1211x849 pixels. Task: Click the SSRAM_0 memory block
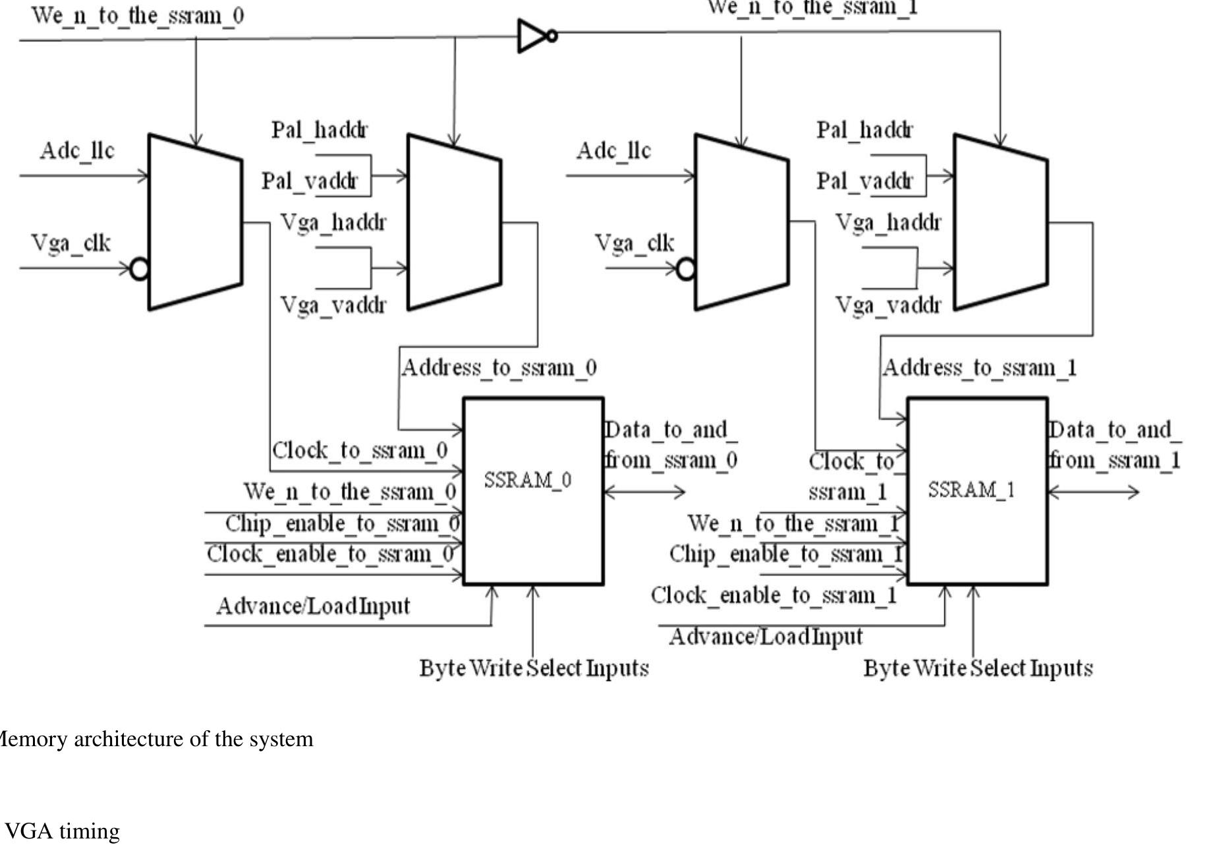coord(534,491)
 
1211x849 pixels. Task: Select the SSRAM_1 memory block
coord(978,491)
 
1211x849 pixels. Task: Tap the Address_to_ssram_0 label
coord(499,368)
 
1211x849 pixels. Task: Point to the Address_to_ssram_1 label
coord(980,368)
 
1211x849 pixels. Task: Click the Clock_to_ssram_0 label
coord(360,451)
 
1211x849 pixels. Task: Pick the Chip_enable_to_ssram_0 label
coord(343,524)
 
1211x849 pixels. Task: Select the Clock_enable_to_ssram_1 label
coord(774,595)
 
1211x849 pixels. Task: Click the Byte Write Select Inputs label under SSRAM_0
coord(534,668)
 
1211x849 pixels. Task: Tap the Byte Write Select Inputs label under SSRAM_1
coord(978,668)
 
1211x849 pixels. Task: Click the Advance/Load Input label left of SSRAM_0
coord(313,606)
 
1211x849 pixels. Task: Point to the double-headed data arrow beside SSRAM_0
coord(645,491)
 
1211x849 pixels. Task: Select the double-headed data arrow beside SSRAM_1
coord(1094,492)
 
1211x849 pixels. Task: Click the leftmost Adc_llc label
coord(77,151)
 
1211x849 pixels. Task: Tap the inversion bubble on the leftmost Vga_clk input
coord(140,269)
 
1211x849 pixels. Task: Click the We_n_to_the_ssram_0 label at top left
coord(138,15)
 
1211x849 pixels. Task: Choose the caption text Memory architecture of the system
coord(155,739)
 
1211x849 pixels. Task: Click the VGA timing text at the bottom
coord(63,831)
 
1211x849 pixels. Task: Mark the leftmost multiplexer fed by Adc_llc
coord(196,222)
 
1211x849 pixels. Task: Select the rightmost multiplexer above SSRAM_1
coord(1001,222)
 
